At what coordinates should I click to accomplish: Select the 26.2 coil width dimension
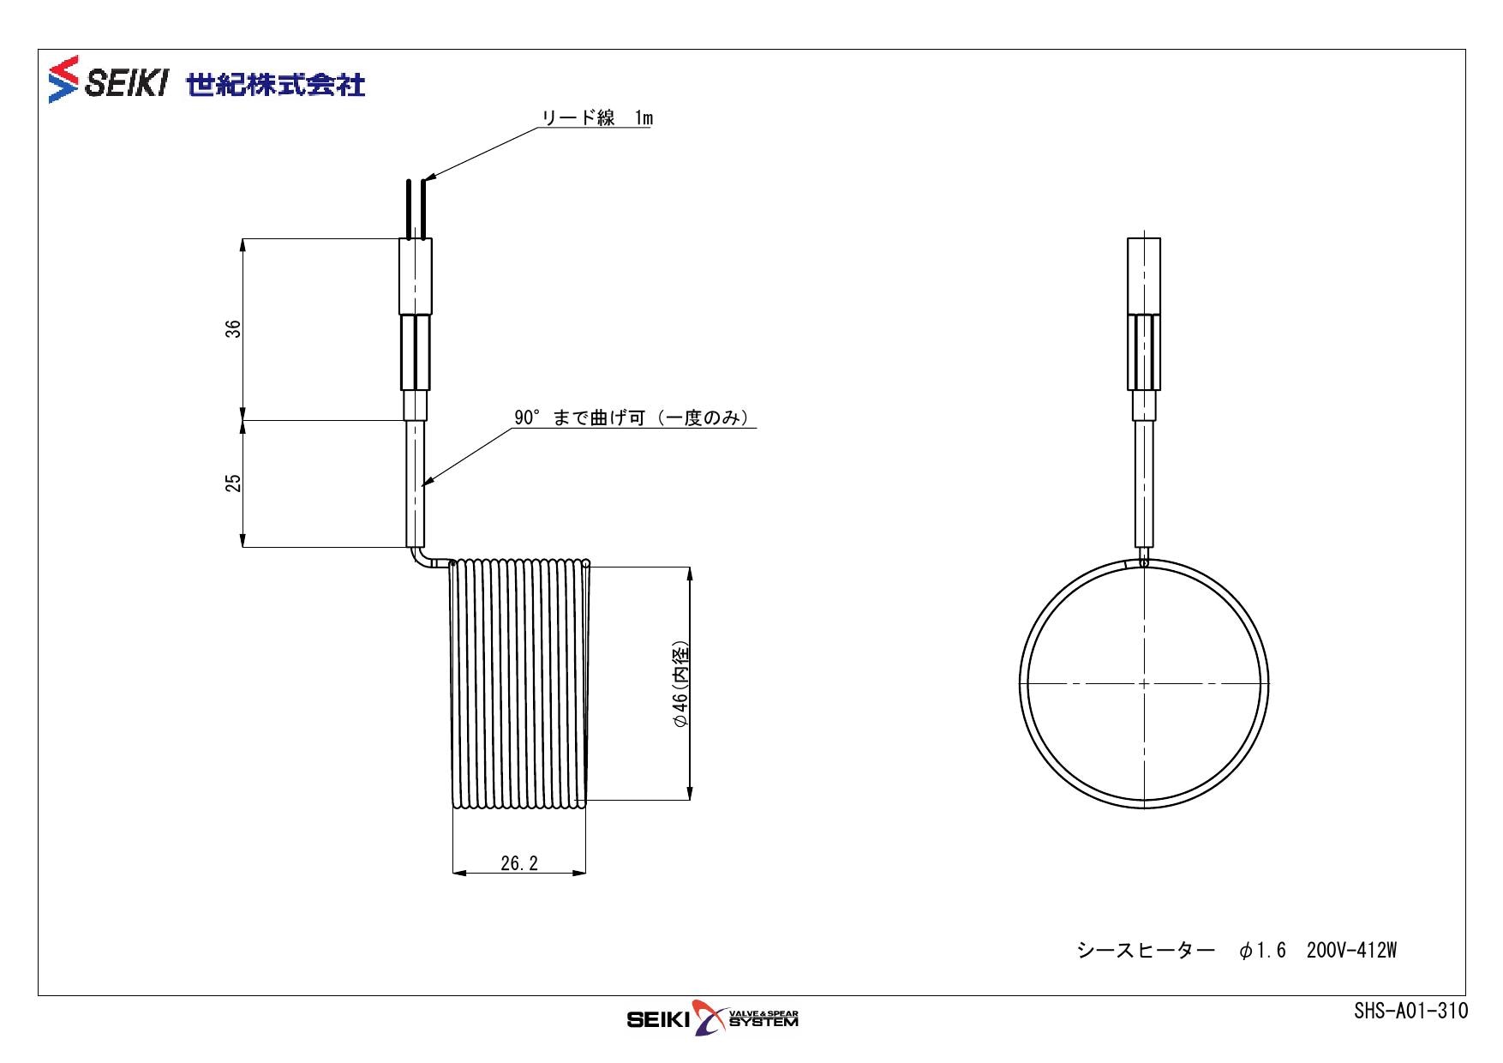[x=519, y=863]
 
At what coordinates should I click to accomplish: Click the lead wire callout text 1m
[x=644, y=118]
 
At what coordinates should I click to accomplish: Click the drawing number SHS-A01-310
[x=1410, y=1011]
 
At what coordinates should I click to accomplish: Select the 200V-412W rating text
[x=1351, y=951]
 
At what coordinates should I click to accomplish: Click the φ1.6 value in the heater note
[x=1262, y=951]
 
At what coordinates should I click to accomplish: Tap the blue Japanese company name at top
[x=276, y=84]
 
